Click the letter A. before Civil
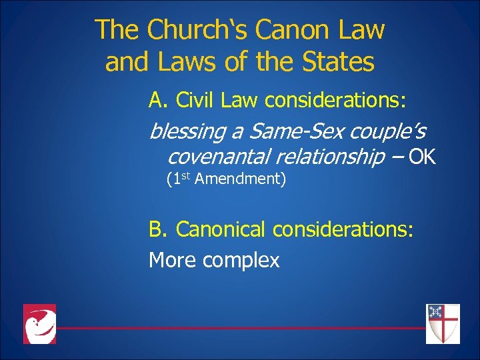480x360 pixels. point(158,100)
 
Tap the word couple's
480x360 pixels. point(387,132)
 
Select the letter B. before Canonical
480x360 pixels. point(158,230)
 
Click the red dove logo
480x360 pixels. point(40,324)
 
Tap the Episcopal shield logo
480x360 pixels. point(443,323)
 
